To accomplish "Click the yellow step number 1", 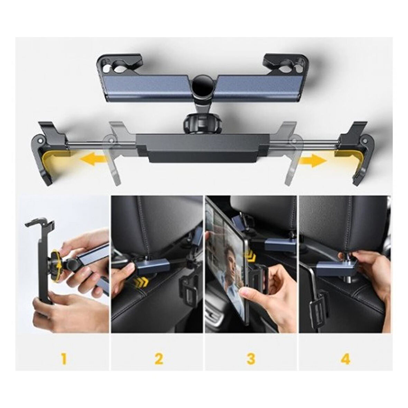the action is (x=64, y=358).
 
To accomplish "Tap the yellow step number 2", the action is (x=159, y=358).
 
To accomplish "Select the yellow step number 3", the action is (x=251, y=358).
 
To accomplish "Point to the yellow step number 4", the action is (x=345, y=358).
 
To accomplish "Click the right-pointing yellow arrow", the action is (x=312, y=160).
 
